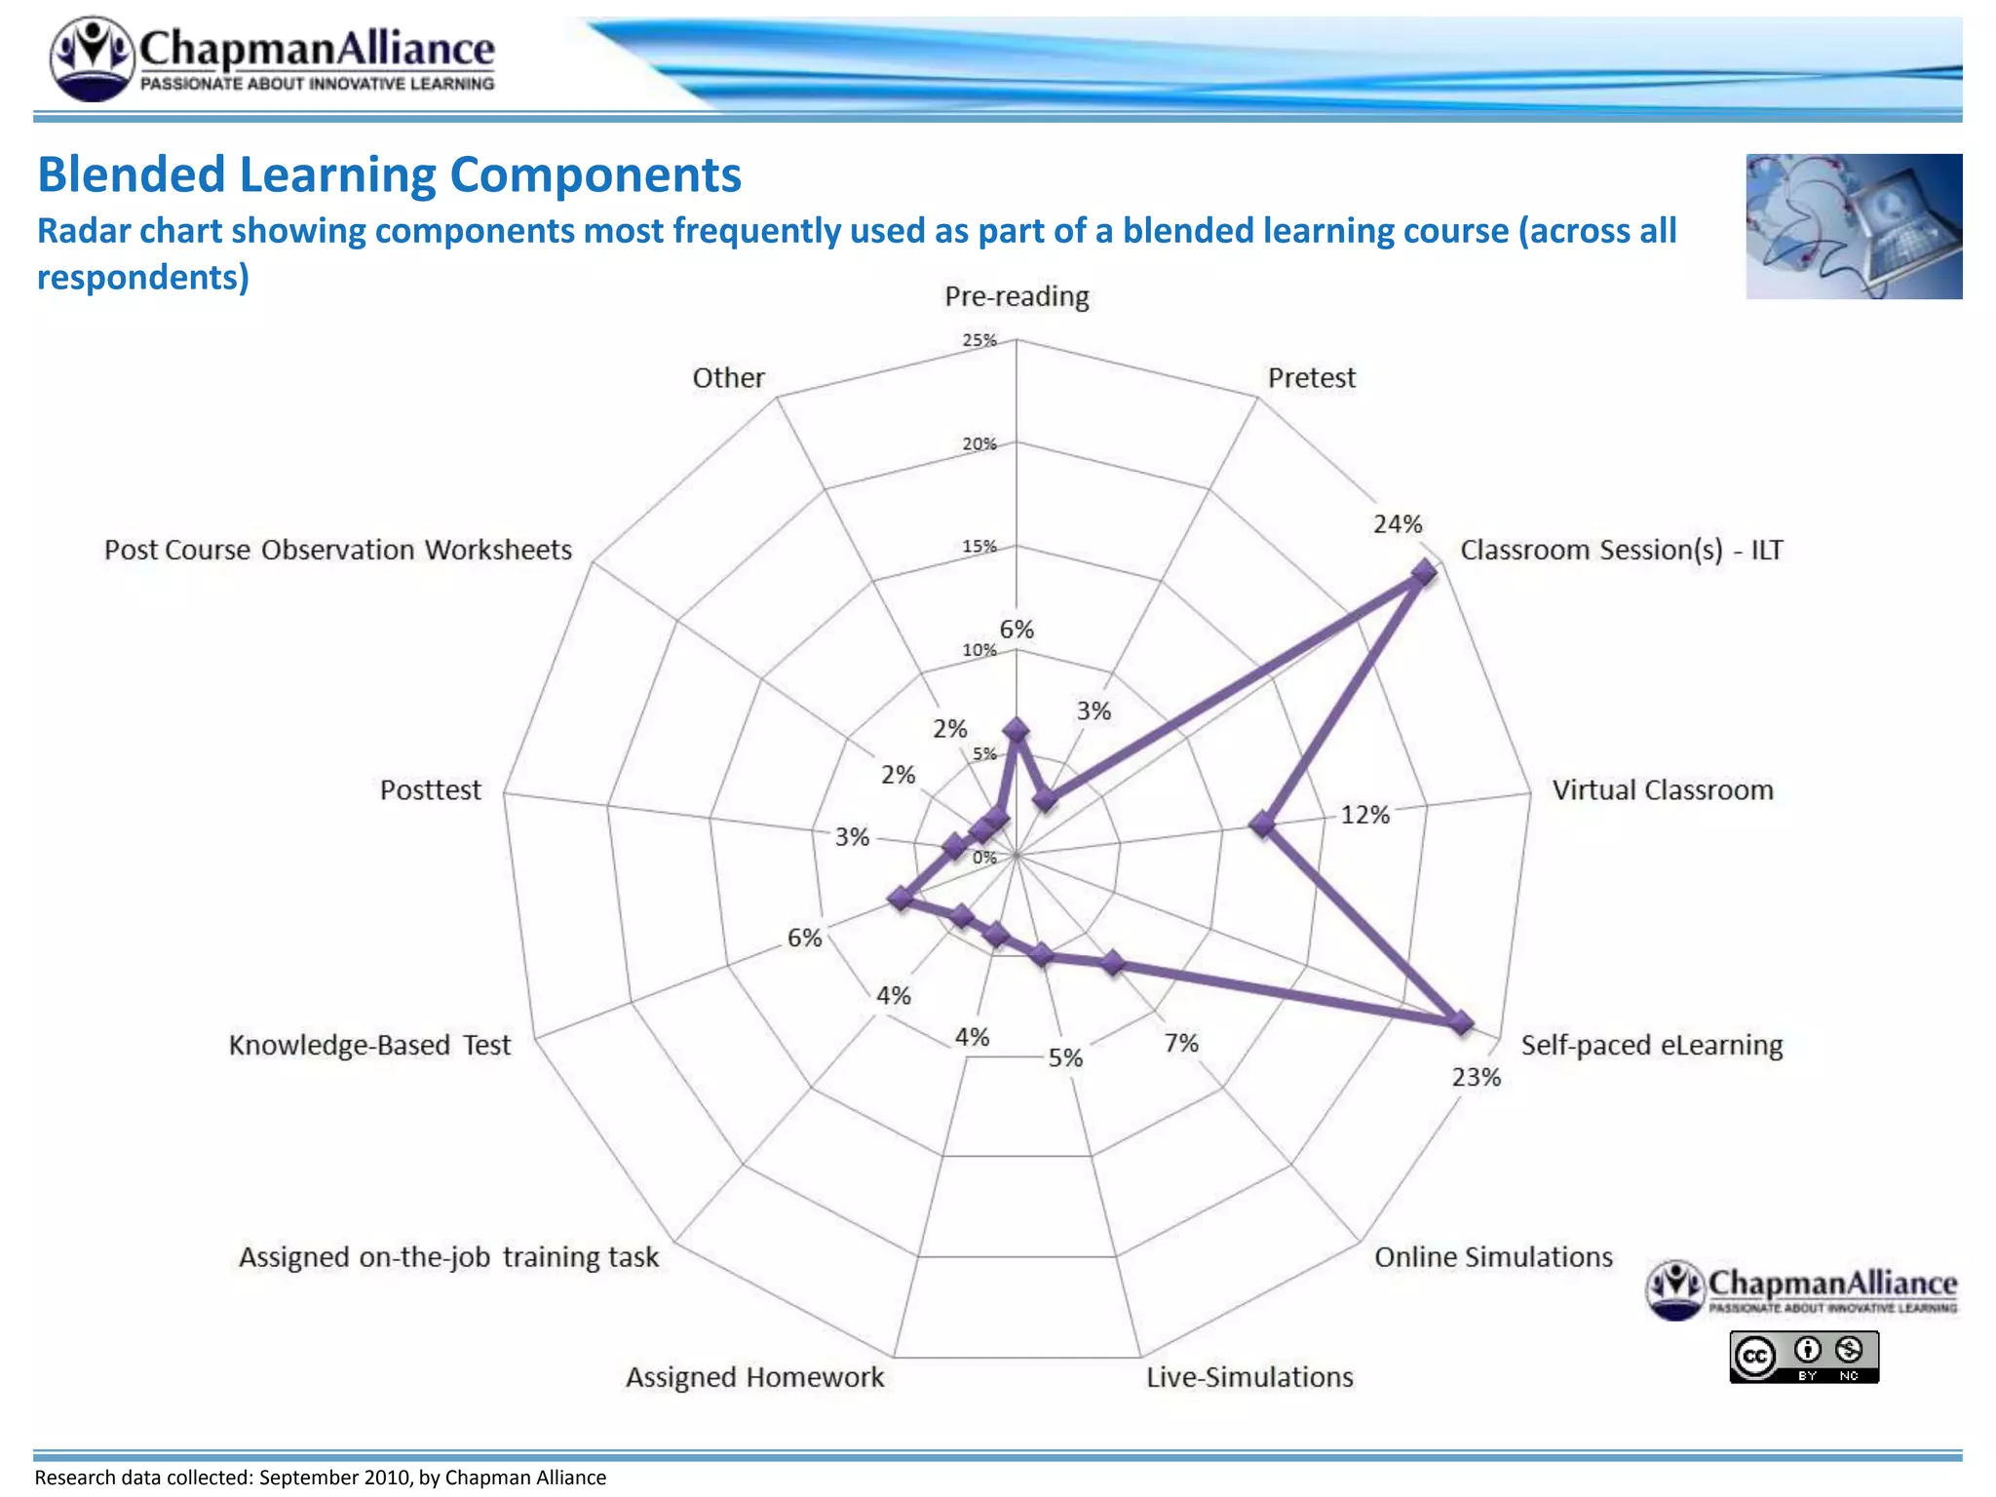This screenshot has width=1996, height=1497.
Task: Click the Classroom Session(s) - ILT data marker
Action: click(1424, 572)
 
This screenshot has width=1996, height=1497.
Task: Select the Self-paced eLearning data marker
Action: click(1460, 1021)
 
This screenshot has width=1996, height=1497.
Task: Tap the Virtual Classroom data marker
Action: click(1263, 824)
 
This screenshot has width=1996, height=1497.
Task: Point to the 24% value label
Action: click(1398, 524)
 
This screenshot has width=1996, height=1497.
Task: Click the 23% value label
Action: click(1476, 1077)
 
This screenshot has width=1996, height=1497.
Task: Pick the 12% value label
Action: click(1364, 815)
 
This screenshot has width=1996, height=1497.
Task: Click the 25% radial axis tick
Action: click(979, 340)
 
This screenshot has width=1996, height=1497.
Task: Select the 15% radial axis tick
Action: click(979, 547)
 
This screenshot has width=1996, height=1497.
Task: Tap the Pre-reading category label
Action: click(1017, 296)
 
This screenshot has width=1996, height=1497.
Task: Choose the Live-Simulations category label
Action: click(1249, 1377)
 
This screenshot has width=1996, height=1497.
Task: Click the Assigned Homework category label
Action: click(754, 1377)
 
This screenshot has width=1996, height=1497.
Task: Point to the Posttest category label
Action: click(430, 789)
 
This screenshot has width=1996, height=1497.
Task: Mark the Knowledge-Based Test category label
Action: click(369, 1045)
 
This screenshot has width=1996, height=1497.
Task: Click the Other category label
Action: click(728, 377)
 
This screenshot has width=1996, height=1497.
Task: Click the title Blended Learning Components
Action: click(389, 175)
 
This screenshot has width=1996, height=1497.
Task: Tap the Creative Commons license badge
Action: click(1804, 1356)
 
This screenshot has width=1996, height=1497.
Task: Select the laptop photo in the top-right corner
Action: click(1854, 226)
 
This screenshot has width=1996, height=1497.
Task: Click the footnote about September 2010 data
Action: click(321, 1478)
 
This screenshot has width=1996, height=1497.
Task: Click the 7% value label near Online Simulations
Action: click(1181, 1044)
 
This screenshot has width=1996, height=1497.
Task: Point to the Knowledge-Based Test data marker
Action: click(902, 899)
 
